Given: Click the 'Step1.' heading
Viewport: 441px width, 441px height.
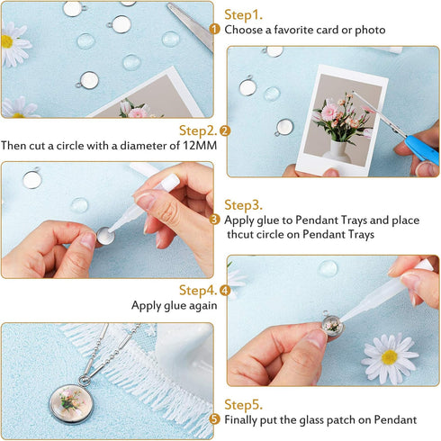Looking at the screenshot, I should coord(243,14).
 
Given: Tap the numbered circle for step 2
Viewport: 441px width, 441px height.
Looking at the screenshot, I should coord(225,130).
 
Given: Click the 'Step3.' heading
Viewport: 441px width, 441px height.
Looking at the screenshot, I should coord(243,205).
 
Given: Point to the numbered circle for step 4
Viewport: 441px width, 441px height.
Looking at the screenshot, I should coord(225,291).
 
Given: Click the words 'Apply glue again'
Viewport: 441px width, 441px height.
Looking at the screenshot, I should coord(174,305).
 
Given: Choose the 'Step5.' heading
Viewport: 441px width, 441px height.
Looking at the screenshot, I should coord(243,405).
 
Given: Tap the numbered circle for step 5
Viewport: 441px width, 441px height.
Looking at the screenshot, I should coord(215,419).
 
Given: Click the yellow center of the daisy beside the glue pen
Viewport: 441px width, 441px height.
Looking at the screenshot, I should coord(389,357).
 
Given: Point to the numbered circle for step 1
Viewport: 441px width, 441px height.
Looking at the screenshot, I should coord(215,30).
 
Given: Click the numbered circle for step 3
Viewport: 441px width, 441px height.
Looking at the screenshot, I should coord(215,220).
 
